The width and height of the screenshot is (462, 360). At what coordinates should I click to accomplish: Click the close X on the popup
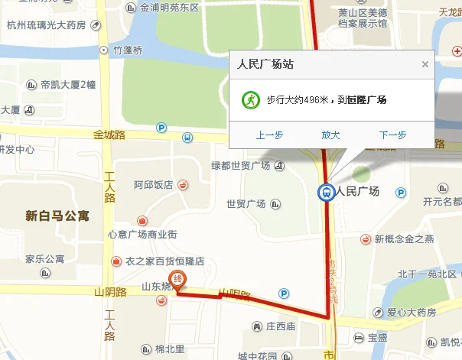pyautogui.click(x=425, y=64)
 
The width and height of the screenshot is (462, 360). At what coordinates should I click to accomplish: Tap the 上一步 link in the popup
pyautogui.click(x=269, y=135)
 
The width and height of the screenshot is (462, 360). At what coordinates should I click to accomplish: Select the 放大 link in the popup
pyautogui.click(x=330, y=135)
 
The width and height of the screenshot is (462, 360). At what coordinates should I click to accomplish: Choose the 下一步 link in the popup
pyautogui.click(x=392, y=135)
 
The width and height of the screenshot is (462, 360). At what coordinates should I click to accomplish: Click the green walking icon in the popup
pyautogui.click(x=249, y=99)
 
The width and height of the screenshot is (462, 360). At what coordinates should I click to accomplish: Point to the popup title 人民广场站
pyautogui.click(x=266, y=64)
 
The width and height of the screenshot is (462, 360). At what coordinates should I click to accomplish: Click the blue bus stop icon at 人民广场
pyautogui.click(x=326, y=192)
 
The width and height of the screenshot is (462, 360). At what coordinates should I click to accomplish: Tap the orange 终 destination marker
pyautogui.click(x=178, y=280)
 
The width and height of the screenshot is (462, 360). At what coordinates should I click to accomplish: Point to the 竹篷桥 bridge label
pyautogui.click(x=128, y=50)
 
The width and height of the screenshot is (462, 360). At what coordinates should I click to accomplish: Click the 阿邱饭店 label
pyautogui.click(x=153, y=185)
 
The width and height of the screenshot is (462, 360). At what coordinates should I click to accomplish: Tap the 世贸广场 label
pyautogui.click(x=246, y=204)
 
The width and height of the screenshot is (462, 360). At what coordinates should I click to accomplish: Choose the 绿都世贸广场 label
pyautogui.click(x=241, y=166)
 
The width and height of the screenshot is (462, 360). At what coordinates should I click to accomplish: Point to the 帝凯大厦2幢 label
pyautogui.click(x=68, y=84)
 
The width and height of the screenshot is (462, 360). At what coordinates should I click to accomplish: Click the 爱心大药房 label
pyautogui.click(x=411, y=313)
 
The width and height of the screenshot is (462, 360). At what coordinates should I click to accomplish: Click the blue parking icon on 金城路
pyautogui.click(x=161, y=128)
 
